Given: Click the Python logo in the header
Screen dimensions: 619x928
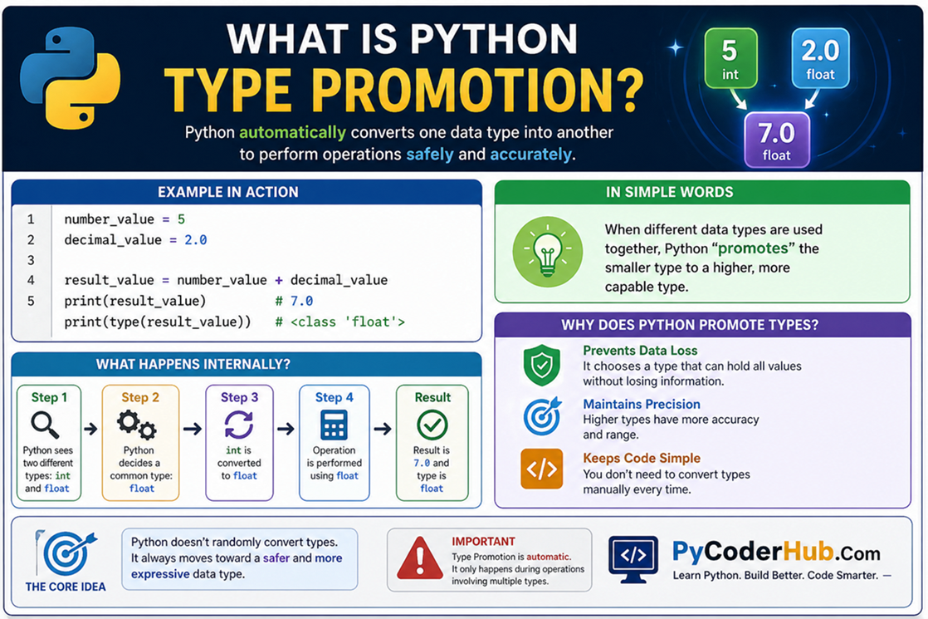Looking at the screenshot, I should point(70,78).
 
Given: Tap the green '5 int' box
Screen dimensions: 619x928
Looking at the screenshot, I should point(730,57).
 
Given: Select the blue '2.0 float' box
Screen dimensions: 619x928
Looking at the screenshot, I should point(819,57).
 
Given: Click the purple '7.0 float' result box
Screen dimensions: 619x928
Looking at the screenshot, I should point(776,140).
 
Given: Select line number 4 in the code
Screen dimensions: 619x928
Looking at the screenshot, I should point(31,280).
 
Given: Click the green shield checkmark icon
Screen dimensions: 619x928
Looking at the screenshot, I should point(542,366).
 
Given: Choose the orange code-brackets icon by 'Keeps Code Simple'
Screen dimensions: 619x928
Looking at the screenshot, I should point(542,469).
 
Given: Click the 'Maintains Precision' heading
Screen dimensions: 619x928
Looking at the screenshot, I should point(642,405).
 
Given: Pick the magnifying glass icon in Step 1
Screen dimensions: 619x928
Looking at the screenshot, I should point(44,425).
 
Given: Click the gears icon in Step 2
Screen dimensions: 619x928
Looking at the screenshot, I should point(136,425).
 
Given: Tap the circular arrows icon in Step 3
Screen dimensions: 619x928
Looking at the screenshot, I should point(239,425).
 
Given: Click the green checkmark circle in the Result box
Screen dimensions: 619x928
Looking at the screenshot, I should point(432,426).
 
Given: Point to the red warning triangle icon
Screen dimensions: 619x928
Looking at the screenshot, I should point(420,559).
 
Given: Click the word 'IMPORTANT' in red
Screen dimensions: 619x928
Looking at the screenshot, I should point(483,541).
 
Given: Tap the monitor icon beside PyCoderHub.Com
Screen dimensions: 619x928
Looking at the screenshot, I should point(633,557).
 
